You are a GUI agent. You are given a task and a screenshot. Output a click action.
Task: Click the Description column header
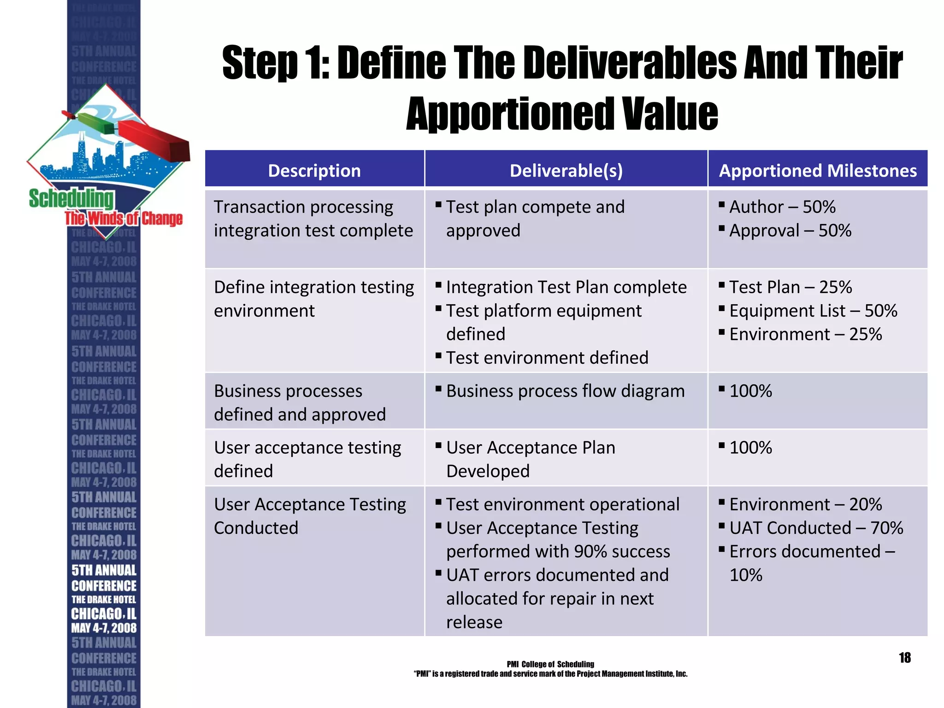[314, 171]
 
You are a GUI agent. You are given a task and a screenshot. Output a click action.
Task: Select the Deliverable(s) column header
[566, 171]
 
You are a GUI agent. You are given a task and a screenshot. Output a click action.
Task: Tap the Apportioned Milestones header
[818, 171]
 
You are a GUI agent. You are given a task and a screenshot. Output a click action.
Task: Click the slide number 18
[904, 658]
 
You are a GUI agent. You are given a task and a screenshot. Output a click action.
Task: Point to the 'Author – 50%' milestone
[782, 207]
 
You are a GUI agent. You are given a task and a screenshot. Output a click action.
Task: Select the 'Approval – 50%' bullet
[790, 230]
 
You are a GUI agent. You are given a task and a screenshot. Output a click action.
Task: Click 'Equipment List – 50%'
[813, 311]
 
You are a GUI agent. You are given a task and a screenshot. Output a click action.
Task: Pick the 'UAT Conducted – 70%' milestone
[816, 528]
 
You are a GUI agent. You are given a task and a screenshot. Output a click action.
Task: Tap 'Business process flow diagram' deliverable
[565, 391]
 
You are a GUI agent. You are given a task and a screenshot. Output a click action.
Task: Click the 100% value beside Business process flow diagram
[750, 391]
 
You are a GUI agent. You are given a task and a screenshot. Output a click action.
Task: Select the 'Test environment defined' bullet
[547, 358]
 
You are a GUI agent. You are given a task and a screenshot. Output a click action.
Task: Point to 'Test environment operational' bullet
[562, 504]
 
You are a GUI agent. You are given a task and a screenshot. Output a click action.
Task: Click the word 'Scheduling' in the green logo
[71, 199]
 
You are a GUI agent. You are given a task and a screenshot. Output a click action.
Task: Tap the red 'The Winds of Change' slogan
[124, 218]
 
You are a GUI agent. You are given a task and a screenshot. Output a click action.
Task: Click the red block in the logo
[154, 141]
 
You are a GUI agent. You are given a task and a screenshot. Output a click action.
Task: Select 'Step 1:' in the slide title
[276, 63]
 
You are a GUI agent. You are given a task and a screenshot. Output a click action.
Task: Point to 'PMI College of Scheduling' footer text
[550, 664]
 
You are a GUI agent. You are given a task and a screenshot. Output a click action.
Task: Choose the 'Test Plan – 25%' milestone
[791, 287]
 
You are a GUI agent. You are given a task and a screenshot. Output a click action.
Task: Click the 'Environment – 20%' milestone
[805, 504]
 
